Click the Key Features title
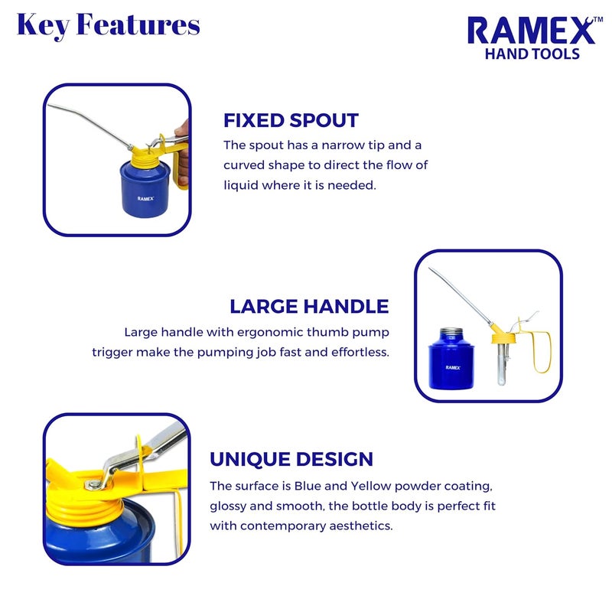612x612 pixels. (x=108, y=24)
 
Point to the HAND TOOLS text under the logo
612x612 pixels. (x=532, y=54)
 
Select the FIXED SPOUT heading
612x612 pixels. (x=291, y=120)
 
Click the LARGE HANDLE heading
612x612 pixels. (x=309, y=307)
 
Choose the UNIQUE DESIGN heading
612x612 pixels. (x=291, y=459)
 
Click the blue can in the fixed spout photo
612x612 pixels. (x=146, y=191)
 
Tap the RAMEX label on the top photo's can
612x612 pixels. (x=146, y=198)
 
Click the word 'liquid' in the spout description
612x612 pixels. (x=243, y=184)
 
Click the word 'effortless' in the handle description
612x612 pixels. (x=359, y=352)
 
